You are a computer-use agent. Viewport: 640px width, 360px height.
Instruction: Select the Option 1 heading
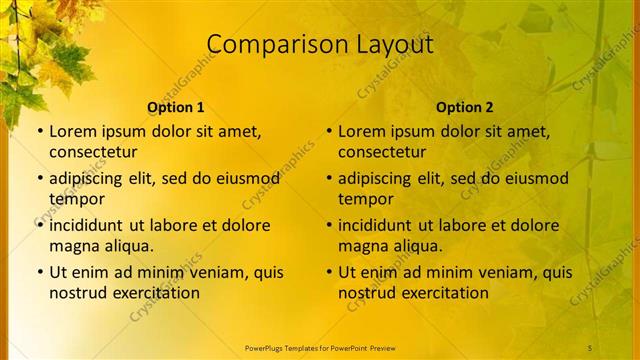pos(176,107)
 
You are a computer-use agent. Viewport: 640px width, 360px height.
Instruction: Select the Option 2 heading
pos(465,107)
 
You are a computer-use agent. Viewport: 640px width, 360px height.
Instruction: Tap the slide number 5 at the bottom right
pos(589,348)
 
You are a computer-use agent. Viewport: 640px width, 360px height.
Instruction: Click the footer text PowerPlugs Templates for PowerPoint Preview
pos(320,348)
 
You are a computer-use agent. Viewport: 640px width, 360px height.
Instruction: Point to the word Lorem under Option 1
pos(73,131)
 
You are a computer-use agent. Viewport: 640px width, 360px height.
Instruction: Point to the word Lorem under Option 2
pos(362,131)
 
